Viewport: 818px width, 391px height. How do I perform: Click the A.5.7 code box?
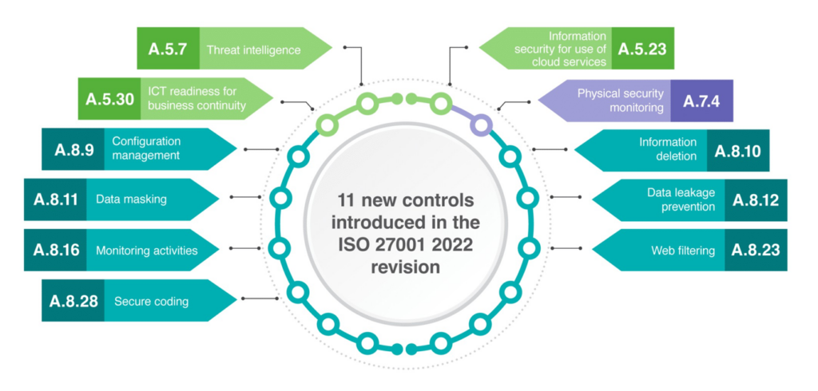[168, 49]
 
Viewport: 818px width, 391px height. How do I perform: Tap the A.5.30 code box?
[107, 100]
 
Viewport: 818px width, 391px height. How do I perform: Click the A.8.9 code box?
[73, 149]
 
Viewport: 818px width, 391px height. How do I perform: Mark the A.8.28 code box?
[73, 300]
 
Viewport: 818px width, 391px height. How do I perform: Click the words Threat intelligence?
[253, 50]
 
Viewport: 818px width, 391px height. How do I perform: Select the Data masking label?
[131, 199]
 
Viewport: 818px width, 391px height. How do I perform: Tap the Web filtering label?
[683, 251]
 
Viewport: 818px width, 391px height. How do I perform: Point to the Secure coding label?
[151, 301]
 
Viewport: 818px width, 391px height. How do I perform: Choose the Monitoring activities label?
[146, 251]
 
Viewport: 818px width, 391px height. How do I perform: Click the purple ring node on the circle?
[481, 124]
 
